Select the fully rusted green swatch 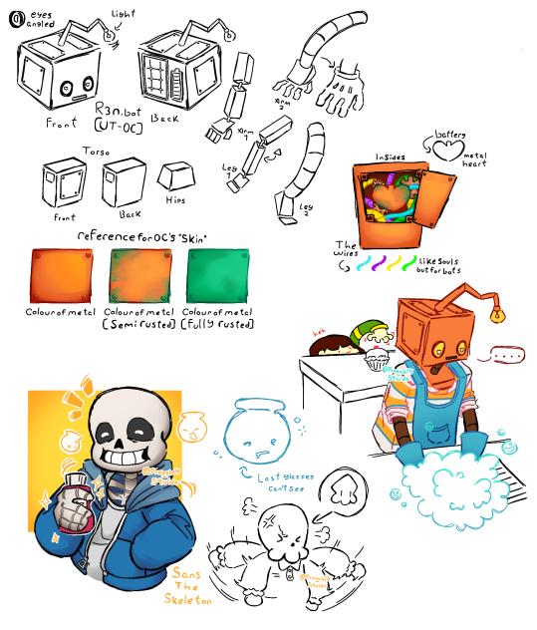click(217, 274)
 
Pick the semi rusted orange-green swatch click(139, 274)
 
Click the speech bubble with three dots click(509, 353)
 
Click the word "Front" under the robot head click(62, 124)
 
